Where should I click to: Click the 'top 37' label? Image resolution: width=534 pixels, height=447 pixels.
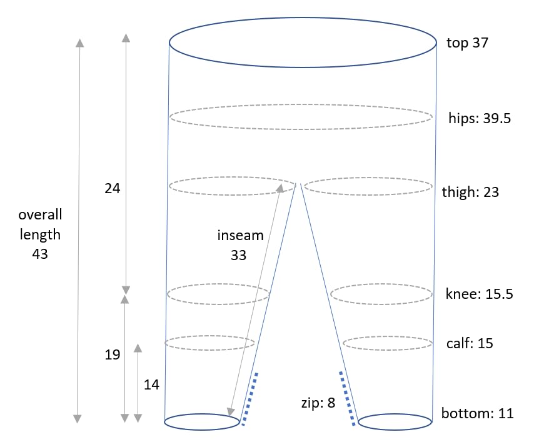point(466,43)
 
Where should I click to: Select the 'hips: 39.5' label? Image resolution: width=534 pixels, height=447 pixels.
point(480,118)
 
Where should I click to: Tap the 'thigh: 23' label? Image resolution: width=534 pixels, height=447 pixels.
point(470,192)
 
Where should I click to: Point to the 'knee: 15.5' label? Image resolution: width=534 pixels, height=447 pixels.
point(479,294)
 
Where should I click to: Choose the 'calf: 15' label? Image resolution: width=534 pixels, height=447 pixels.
point(470,343)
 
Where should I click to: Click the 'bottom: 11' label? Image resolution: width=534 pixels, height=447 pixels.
point(477,413)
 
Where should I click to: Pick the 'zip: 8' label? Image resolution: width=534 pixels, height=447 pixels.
point(318,403)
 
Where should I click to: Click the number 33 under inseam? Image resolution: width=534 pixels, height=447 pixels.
point(238,255)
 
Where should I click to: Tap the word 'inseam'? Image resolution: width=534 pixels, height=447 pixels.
point(240,236)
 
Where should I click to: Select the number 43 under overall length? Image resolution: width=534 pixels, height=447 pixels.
point(39,254)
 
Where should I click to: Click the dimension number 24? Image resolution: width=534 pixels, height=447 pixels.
point(112,188)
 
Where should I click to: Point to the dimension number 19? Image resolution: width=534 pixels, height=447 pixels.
point(112,354)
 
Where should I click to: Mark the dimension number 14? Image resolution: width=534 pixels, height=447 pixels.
point(151,384)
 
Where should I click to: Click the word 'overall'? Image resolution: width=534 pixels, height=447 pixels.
point(40,215)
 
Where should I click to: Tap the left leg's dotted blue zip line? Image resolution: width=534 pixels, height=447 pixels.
point(249,399)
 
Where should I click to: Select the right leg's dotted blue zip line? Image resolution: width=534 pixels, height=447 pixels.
point(347,398)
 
